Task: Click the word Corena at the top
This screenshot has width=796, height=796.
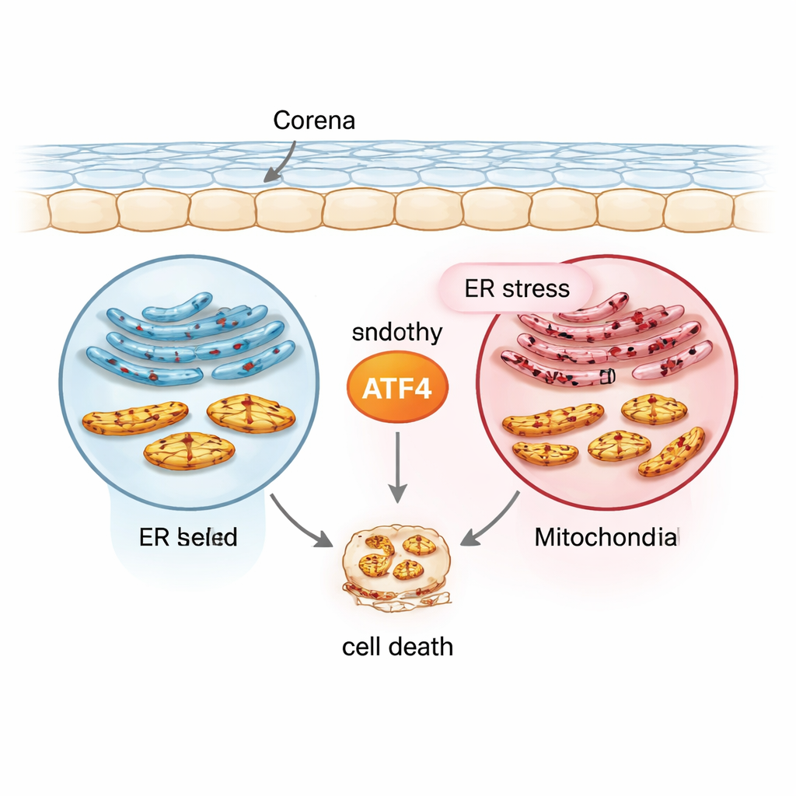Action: (x=314, y=121)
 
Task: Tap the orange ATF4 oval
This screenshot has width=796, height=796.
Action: (x=397, y=386)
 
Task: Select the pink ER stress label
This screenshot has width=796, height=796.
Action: (x=516, y=290)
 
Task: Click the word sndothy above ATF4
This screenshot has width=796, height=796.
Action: (x=397, y=333)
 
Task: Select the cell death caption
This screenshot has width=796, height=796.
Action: (x=397, y=646)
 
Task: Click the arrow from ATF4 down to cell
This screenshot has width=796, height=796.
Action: (x=397, y=466)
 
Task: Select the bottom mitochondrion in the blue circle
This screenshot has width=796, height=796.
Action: (x=189, y=451)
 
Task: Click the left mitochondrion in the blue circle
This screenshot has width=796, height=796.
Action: (x=135, y=418)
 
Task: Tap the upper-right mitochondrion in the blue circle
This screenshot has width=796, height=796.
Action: (x=250, y=412)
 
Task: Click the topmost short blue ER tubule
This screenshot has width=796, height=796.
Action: (x=177, y=305)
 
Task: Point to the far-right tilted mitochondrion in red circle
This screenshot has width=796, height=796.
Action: (x=672, y=452)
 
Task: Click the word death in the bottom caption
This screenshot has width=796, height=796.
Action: (x=424, y=646)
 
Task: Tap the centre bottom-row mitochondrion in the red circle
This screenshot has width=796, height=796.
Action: (x=619, y=446)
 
